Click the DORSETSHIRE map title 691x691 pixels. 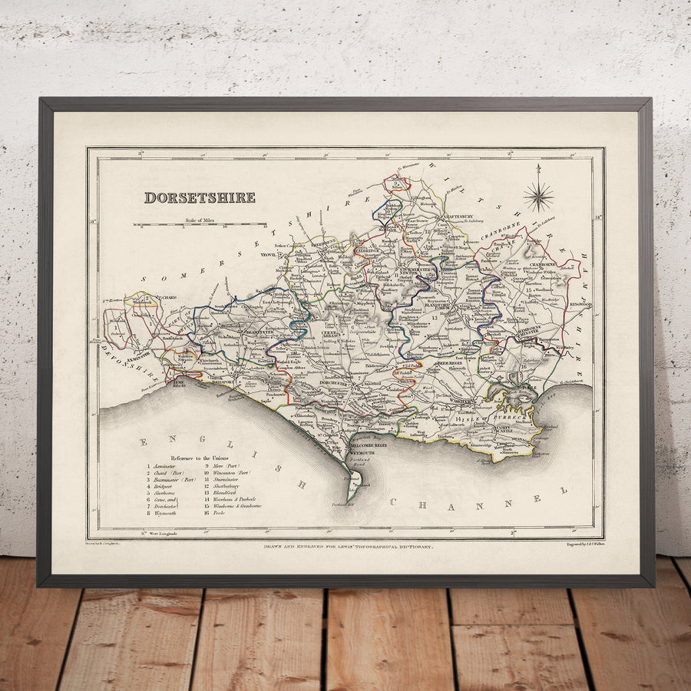coord(200,197)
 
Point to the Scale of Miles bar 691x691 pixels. coord(200,226)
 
